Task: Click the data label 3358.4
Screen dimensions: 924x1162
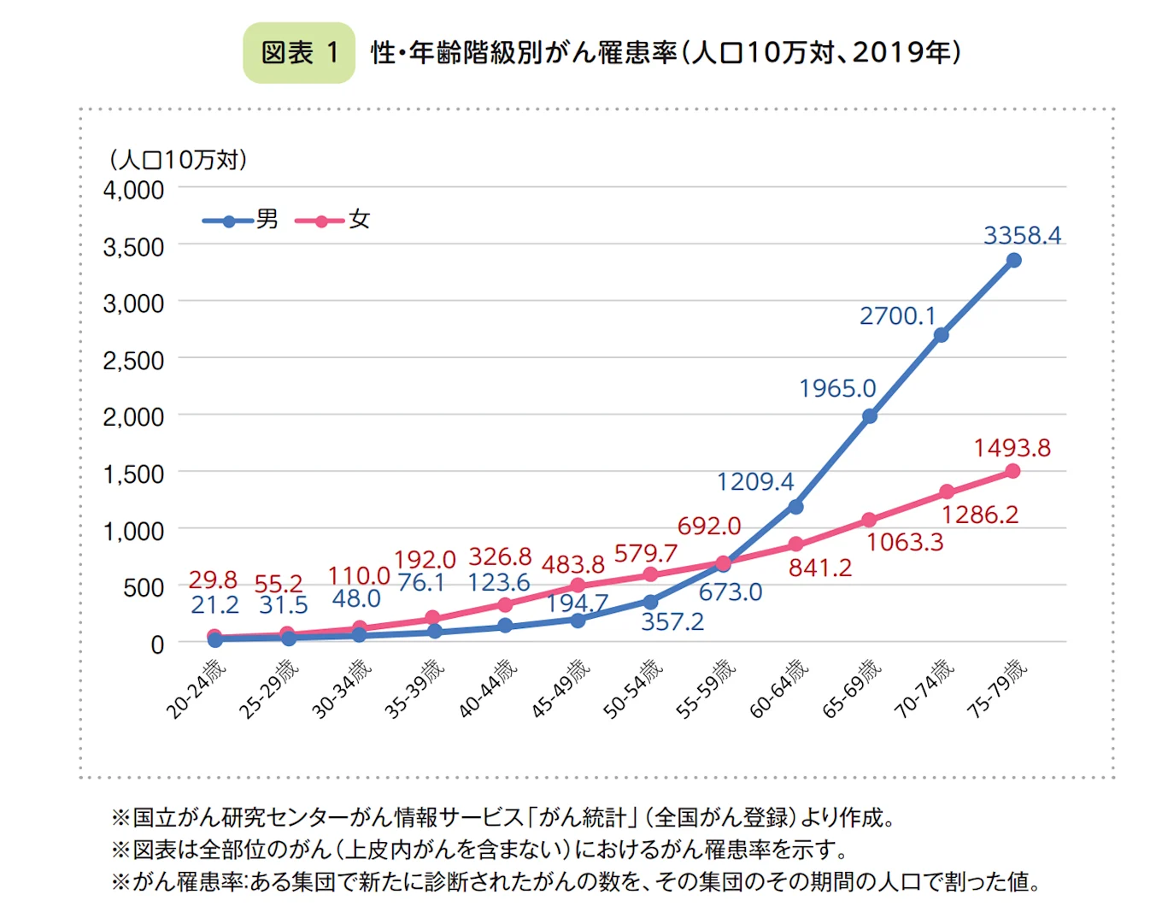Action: click(x=1022, y=235)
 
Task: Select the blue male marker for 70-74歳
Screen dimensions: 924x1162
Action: click(x=941, y=335)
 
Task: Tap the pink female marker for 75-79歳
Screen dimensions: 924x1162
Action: click(x=1012, y=471)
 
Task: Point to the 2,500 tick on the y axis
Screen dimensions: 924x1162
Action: click(x=133, y=361)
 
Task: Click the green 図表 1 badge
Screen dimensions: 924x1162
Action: click(x=299, y=53)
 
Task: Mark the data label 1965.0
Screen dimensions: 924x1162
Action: click(x=837, y=389)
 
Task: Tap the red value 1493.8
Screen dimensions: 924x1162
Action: click(x=1012, y=448)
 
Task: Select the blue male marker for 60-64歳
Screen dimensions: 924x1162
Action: click(x=795, y=507)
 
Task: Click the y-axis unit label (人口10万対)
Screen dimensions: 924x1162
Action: click(x=178, y=160)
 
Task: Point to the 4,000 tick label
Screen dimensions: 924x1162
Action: click(x=133, y=190)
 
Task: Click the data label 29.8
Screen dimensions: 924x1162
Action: click(x=213, y=580)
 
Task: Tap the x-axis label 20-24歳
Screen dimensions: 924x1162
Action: click(x=196, y=689)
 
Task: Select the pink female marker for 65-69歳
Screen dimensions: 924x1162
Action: click(x=869, y=520)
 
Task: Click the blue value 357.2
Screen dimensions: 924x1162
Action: click(x=672, y=621)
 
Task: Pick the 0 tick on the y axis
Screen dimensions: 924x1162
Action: click(x=157, y=644)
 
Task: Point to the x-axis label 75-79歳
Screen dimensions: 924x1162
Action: click(x=997, y=688)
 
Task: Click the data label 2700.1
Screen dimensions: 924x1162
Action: click(x=897, y=316)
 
